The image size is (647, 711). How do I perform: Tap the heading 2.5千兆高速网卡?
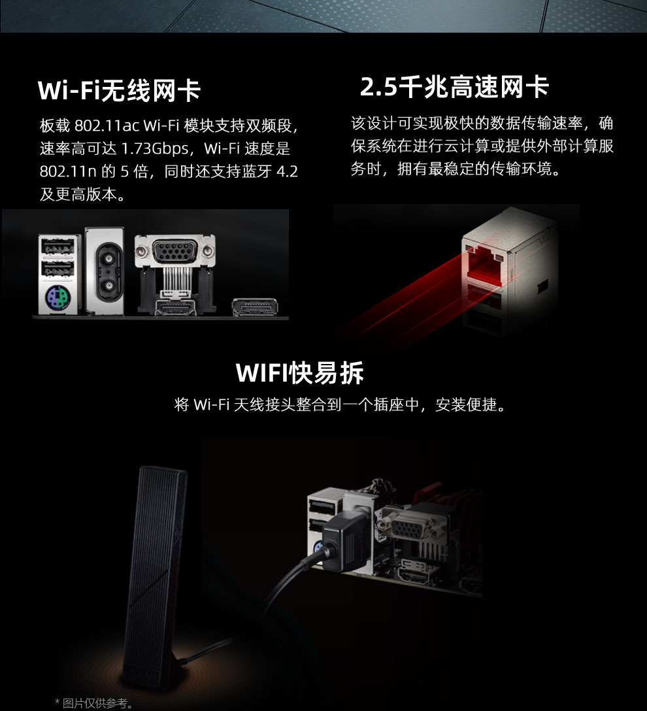(454, 86)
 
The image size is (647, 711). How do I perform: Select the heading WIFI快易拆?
(300, 373)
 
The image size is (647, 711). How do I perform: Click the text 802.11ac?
(107, 125)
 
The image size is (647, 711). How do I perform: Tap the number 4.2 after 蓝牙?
(287, 171)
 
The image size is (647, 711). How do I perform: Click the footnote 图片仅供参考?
(95, 703)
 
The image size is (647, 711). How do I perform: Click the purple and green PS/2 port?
(58, 297)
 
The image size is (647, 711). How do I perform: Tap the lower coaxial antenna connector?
(108, 286)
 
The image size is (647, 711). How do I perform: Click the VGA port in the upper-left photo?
(175, 251)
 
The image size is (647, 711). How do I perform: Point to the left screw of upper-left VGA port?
(141, 251)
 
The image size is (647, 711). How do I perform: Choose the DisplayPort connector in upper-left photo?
(255, 307)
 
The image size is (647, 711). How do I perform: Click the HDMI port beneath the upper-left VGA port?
(175, 306)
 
